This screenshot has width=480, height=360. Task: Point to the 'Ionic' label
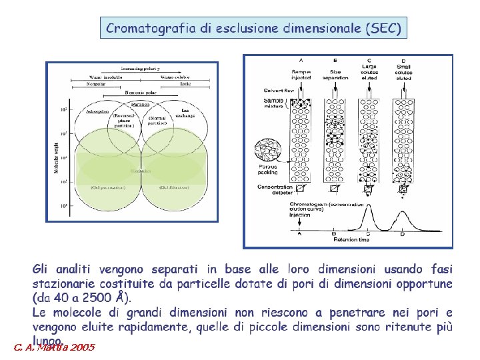click(x=185, y=85)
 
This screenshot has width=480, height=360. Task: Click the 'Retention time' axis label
click(x=351, y=239)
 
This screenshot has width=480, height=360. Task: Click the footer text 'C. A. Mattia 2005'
click(x=54, y=347)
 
